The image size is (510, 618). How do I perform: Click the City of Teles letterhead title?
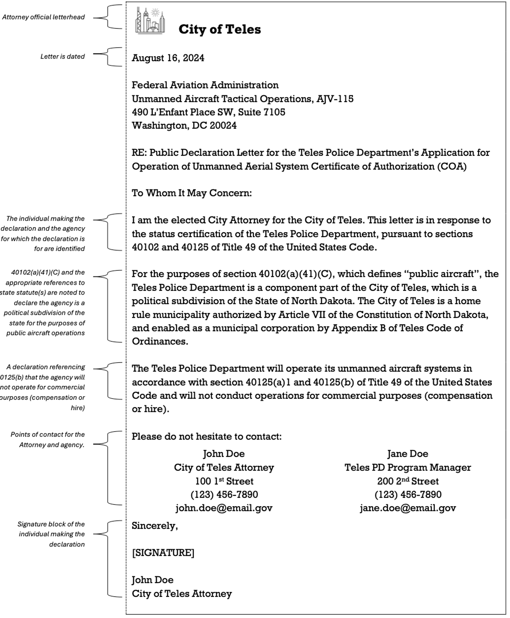[x=219, y=30]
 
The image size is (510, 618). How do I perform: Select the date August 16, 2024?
[x=168, y=58]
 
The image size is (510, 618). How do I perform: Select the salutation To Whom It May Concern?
[x=192, y=193]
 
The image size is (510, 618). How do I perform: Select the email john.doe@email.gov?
[x=224, y=508]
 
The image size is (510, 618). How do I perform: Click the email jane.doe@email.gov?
[x=408, y=508]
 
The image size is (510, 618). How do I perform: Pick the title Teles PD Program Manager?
[x=408, y=468]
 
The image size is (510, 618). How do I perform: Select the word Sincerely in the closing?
[x=154, y=526]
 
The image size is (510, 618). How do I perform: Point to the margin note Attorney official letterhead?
[x=44, y=17]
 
